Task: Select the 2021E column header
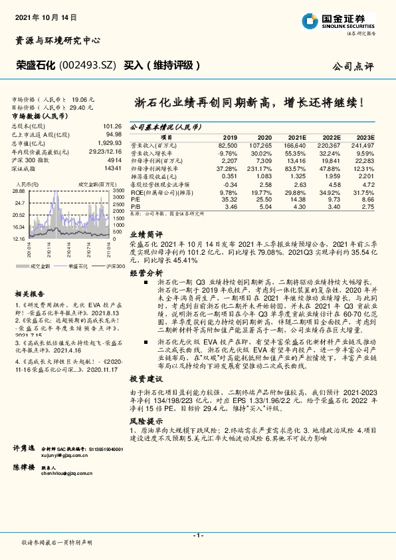(296, 136)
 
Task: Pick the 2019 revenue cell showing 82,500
(227, 144)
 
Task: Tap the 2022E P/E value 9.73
(333, 199)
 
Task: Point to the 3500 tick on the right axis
(118, 190)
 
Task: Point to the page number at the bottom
(197, 535)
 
